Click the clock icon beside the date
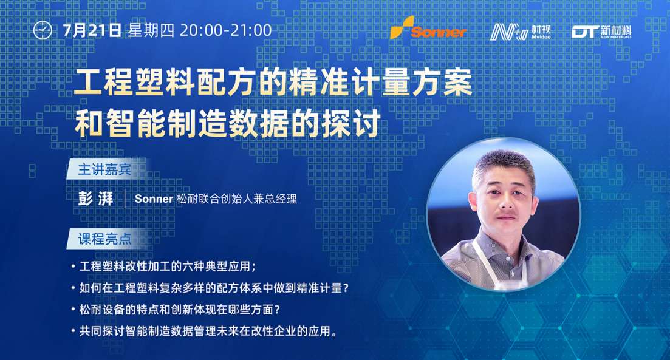(x=43, y=30)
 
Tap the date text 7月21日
(x=92, y=30)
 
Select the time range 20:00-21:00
(x=225, y=30)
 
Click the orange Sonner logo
(x=428, y=28)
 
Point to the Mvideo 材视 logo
(x=521, y=32)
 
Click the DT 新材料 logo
(x=601, y=32)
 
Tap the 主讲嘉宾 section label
(x=104, y=169)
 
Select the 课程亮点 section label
(x=104, y=239)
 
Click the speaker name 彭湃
(x=96, y=199)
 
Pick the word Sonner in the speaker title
(x=154, y=199)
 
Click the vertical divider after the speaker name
(x=125, y=199)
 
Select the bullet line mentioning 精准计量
(x=210, y=288)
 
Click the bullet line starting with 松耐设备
(x=176, y=309)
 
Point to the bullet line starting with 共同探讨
(x=204, y=331)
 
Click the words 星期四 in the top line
(x=151, y=30)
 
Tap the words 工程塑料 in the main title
(x=135, y=83)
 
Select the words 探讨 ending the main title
(x=351, y=123)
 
